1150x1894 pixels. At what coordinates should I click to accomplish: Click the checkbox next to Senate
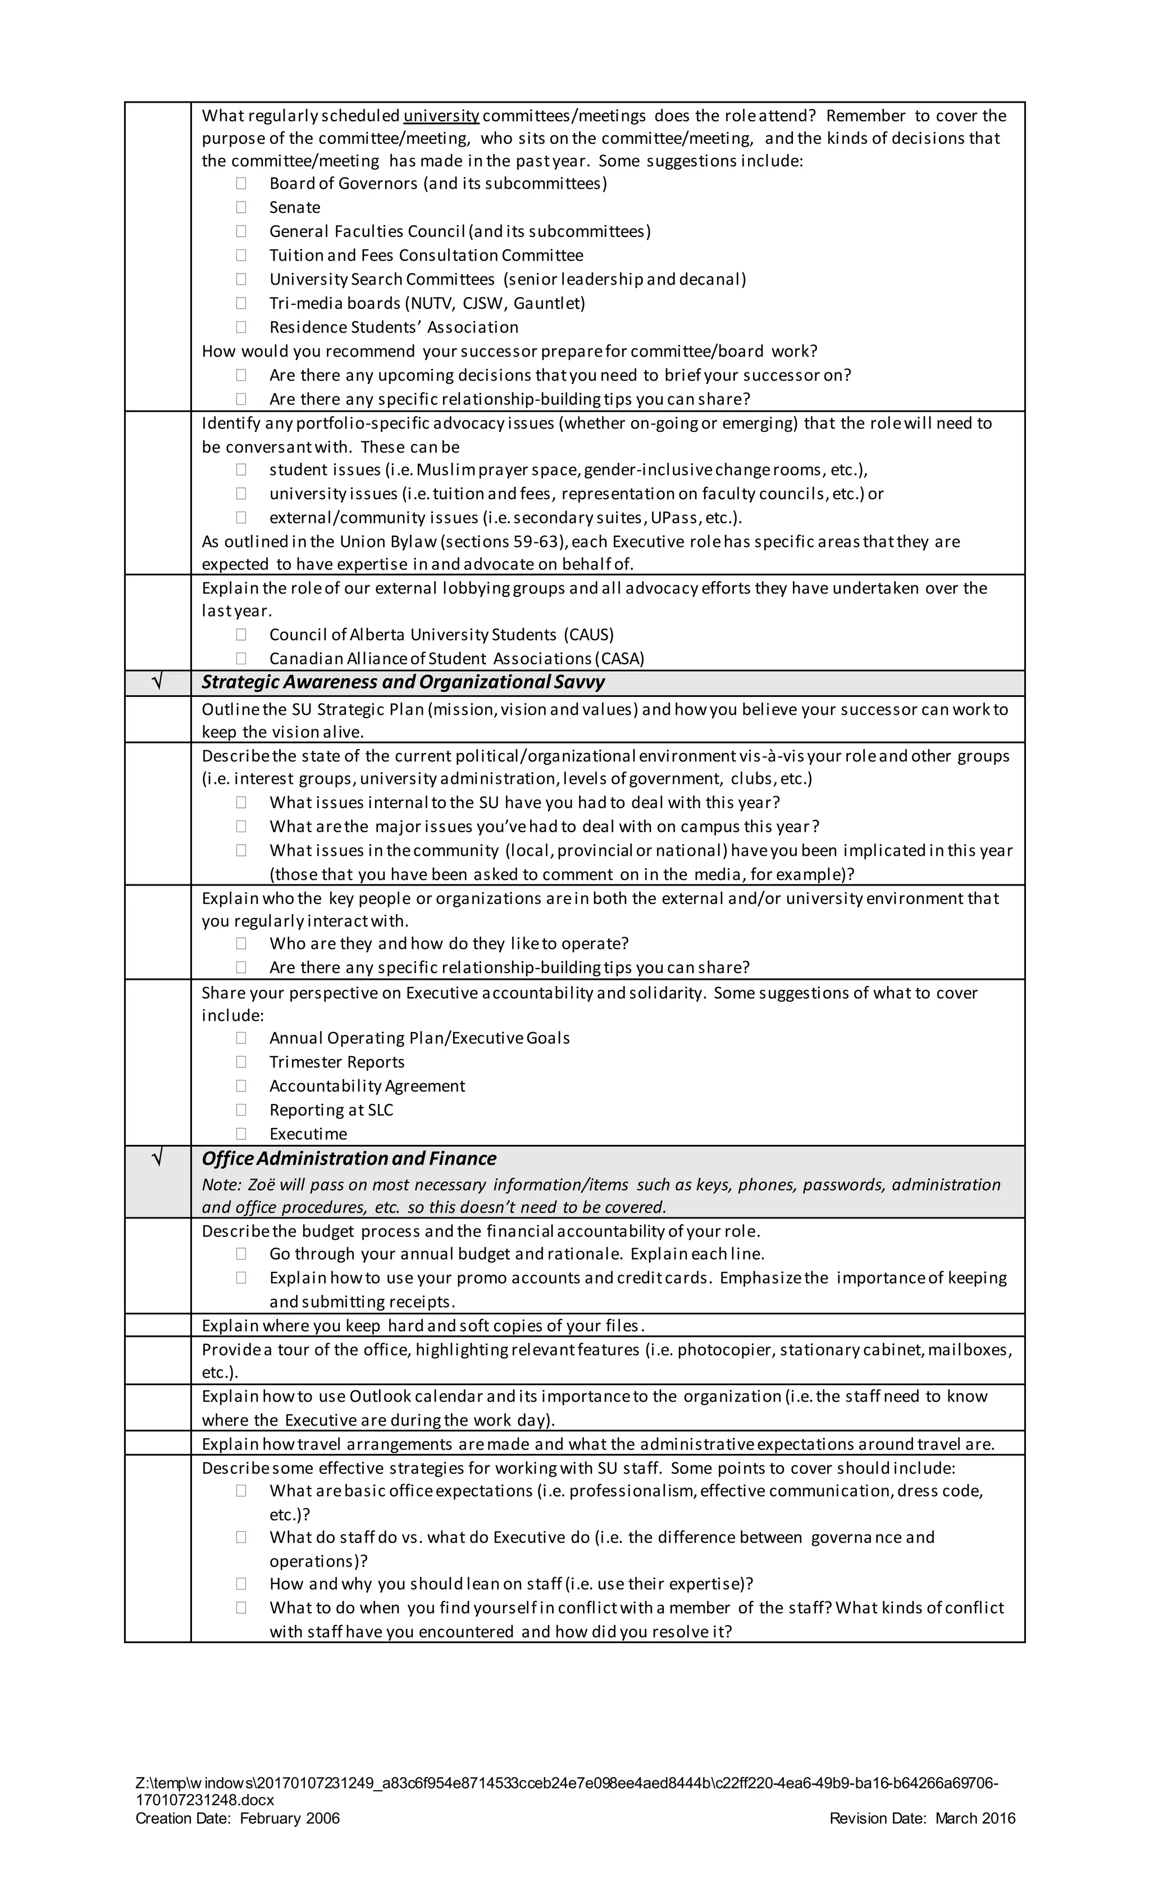click(241, 208)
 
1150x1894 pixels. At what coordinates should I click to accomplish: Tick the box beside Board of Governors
click(241, 184)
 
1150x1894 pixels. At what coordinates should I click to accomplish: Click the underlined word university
click(441, 116)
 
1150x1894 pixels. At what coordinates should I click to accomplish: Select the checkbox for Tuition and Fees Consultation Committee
click(241, 255)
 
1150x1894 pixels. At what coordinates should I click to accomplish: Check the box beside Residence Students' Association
click(241, 327)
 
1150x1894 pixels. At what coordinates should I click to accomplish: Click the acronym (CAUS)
click(589, 635)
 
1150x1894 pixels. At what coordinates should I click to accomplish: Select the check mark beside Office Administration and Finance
click(158, 1158)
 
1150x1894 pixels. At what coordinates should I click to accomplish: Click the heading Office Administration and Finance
click(349, 1159)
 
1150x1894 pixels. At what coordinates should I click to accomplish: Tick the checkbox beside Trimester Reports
click(241, 1062)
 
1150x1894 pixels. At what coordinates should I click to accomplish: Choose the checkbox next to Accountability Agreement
click(241, 1086)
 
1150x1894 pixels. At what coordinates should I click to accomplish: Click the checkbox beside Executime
click(241, 1134)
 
